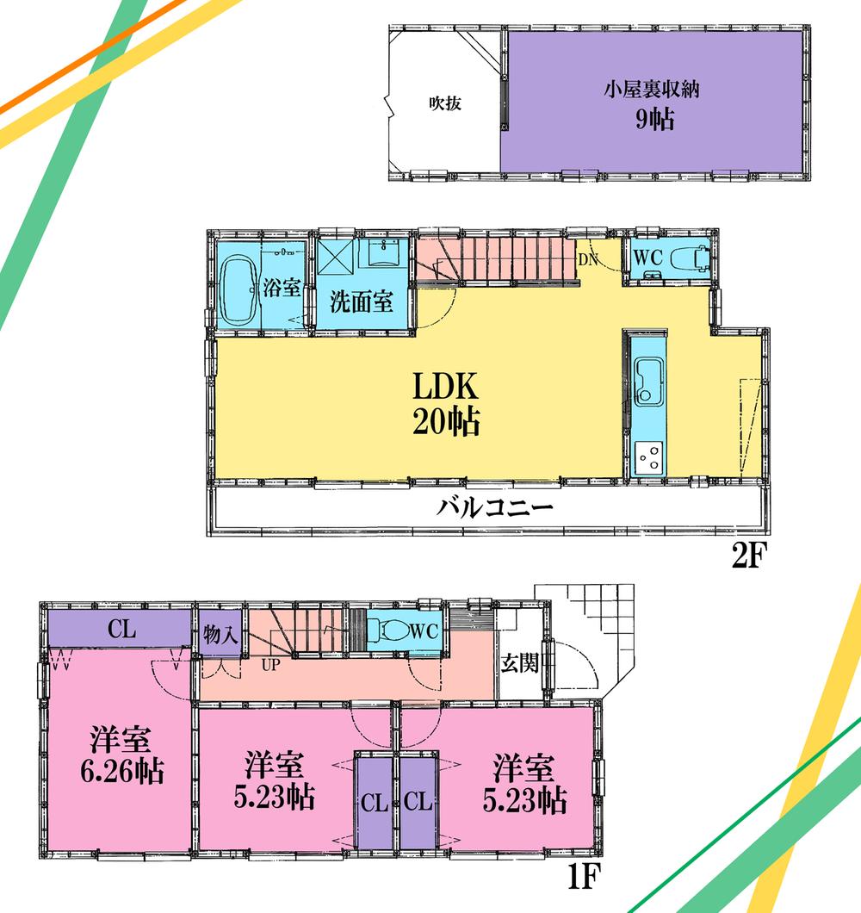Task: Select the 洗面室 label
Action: coord(362,302)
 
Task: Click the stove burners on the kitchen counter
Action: coord(648,456)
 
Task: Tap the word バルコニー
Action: coord(494,506)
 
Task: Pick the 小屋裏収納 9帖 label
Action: coord(654,103)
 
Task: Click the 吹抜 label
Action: coord(445,104)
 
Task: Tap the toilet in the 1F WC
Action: coord(393,630)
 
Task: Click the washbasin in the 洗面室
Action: coord(378,255)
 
